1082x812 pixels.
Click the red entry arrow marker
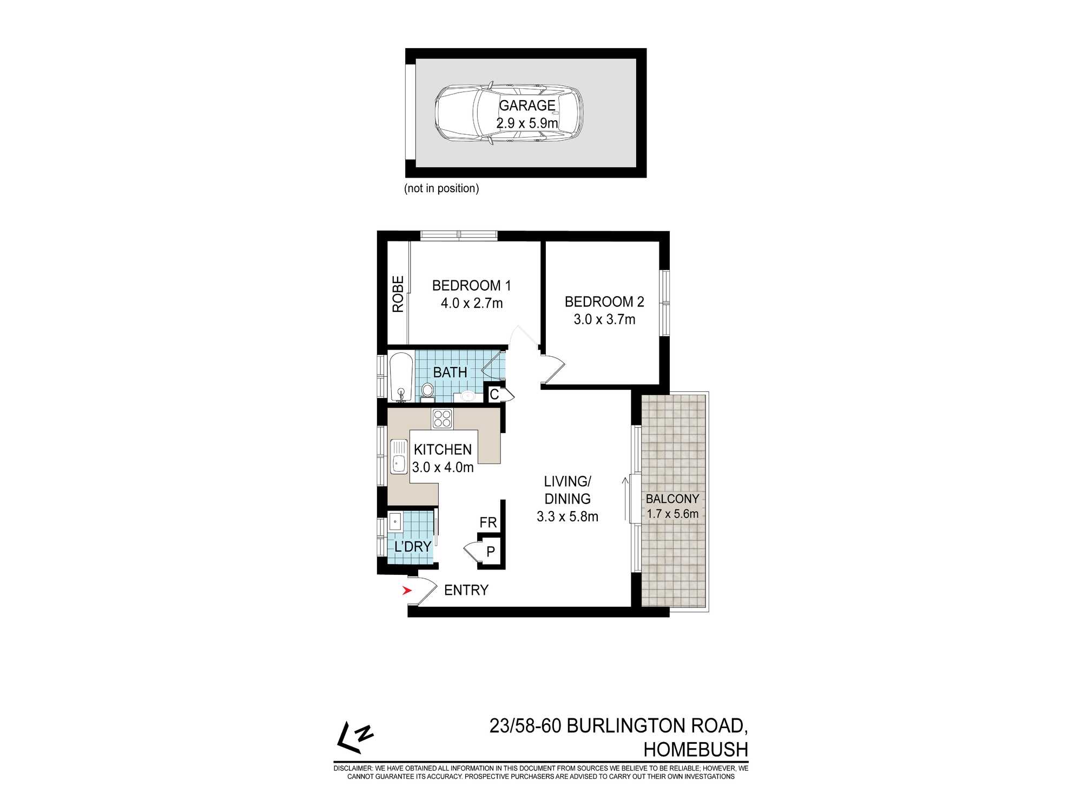(407, 591)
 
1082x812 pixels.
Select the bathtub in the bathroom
(401, 377)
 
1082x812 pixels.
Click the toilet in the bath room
(427, 391)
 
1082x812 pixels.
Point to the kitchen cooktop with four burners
(442, 419)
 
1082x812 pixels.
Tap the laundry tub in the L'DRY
(394, 522)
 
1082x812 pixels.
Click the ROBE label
(398, 294)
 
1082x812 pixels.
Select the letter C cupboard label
(494, 395)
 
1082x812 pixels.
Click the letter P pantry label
(491, 552)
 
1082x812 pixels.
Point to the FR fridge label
(488, 522)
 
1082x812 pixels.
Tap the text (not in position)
(441, 188)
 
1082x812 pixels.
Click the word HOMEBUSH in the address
(695, 749)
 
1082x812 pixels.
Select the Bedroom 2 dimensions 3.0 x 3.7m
(604, 319)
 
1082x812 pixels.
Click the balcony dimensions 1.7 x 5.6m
(672, 514)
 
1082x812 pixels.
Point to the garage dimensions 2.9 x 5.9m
(527, 123)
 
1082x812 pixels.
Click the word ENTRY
(466, 590)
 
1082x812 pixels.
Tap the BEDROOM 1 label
(471, 285)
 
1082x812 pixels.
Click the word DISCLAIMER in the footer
(353, 768)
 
